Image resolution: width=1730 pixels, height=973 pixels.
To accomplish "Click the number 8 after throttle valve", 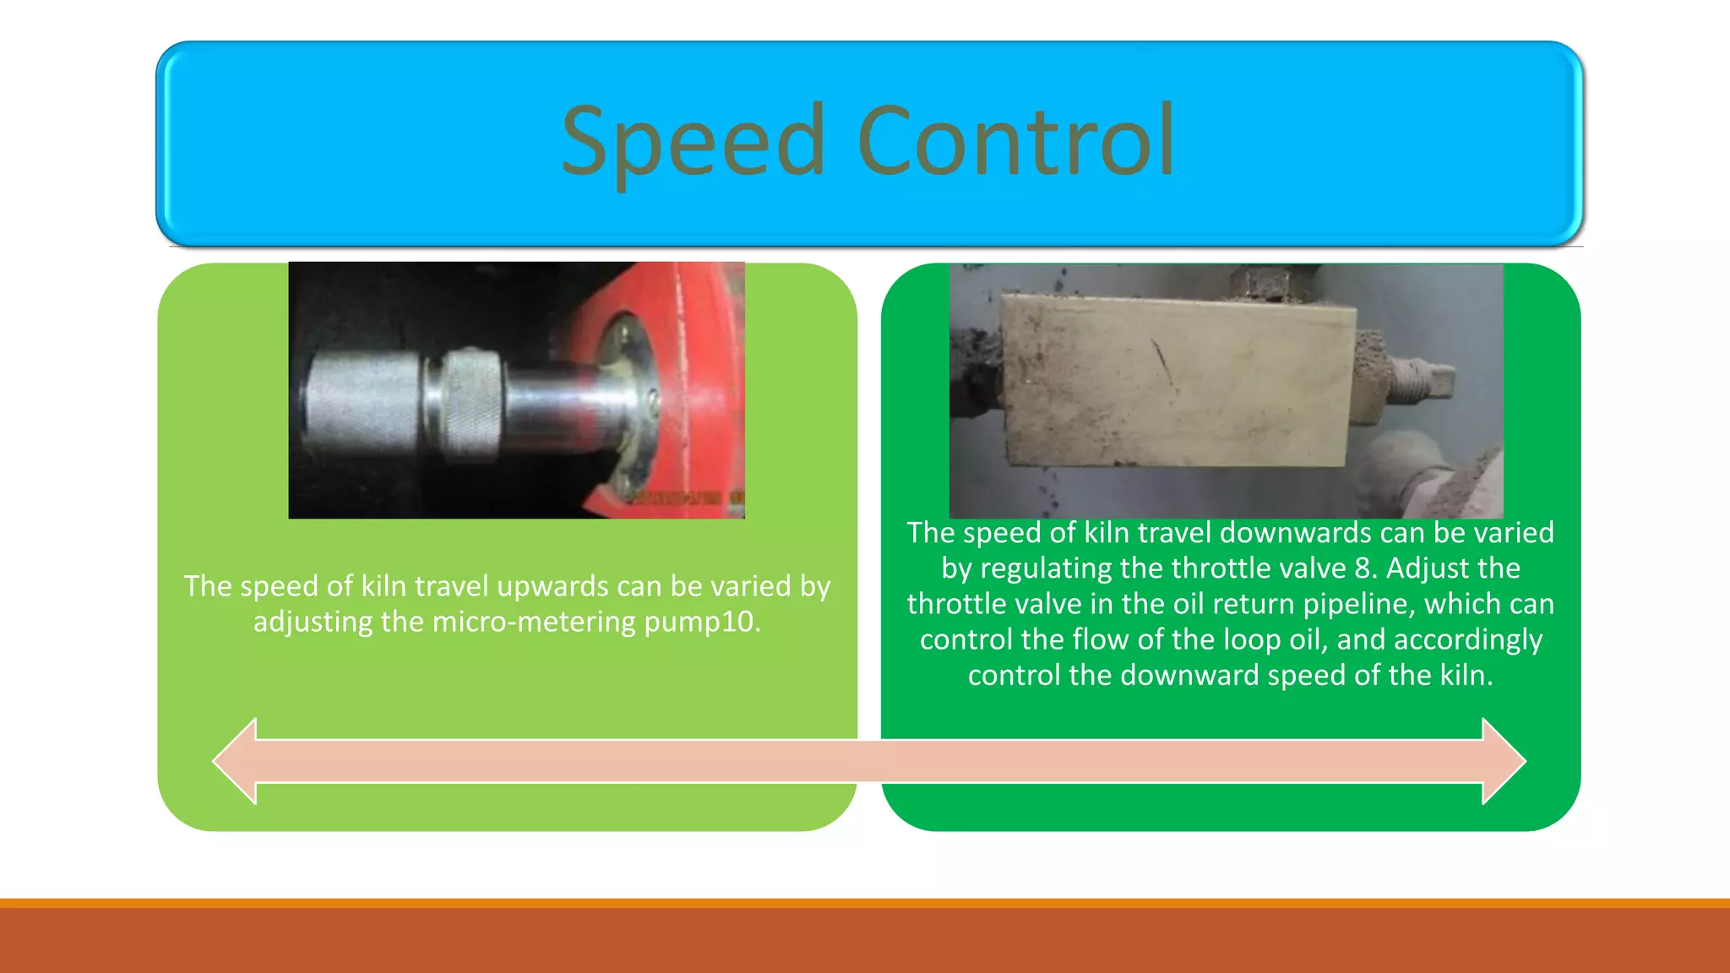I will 1362,568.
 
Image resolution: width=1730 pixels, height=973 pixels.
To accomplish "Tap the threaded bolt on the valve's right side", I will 1419,378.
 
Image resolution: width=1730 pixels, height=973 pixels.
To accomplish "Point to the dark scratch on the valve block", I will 1164,361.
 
